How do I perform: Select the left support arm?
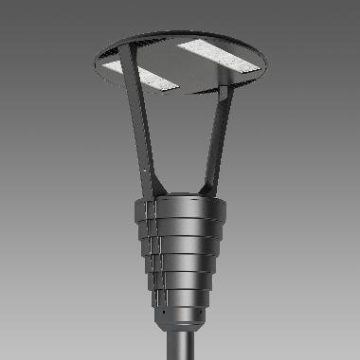click(143, 137)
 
